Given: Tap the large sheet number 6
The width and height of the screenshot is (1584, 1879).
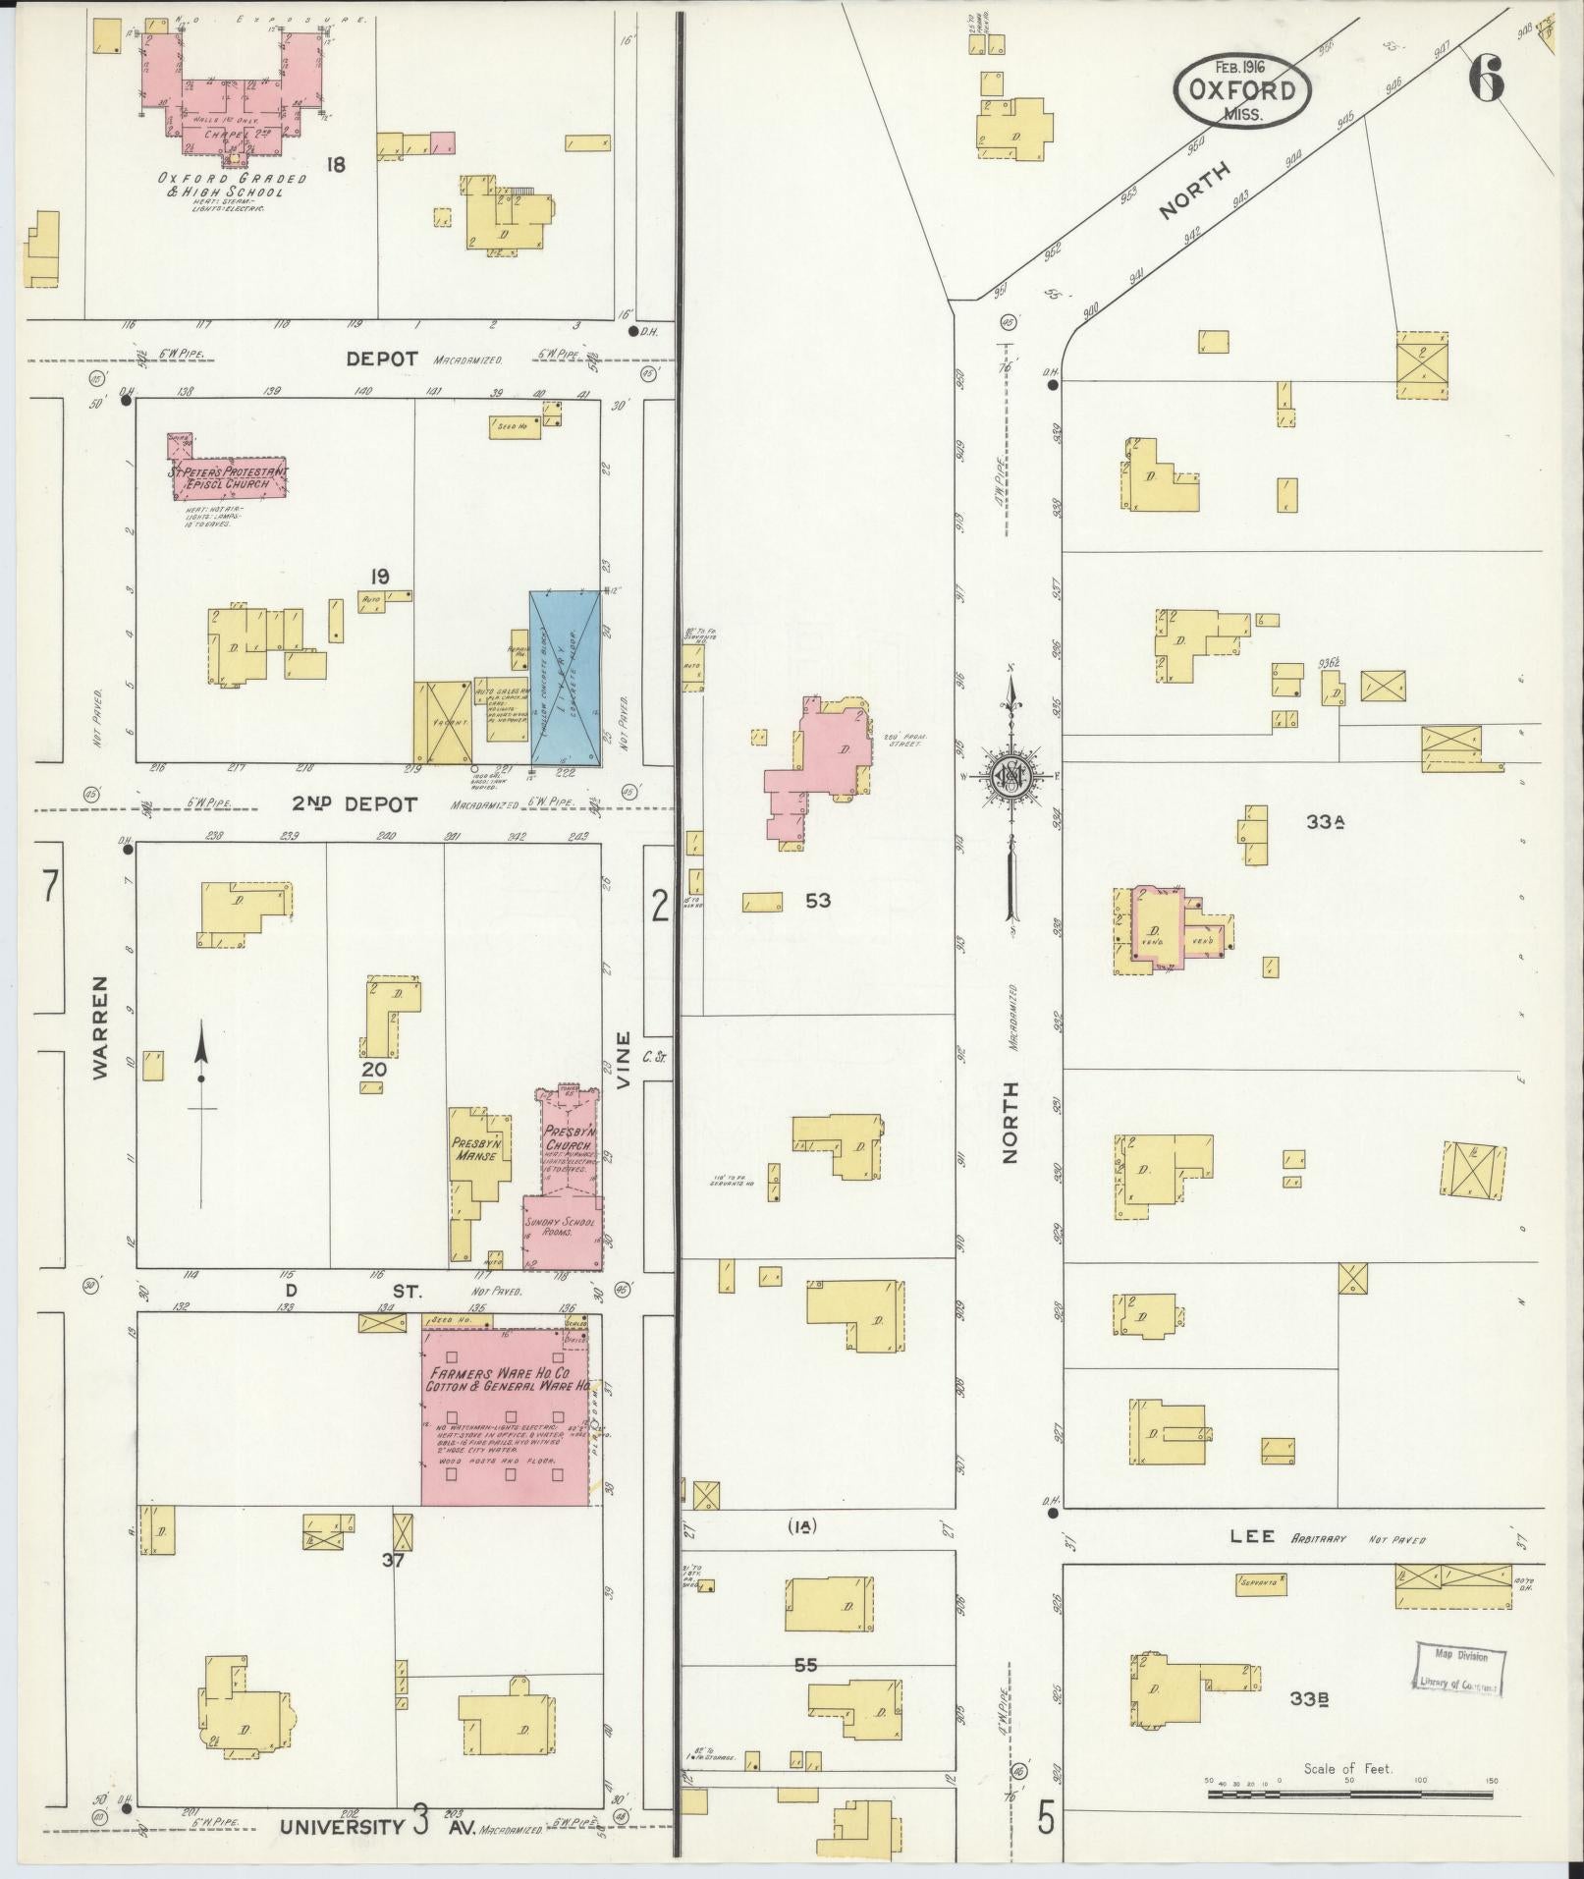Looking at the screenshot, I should click(x=1486, y=79).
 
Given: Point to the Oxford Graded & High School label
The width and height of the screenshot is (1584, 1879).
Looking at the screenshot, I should click(x=232, y=186).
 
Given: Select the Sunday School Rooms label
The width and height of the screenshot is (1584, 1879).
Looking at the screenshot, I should click(x=562, y=1229).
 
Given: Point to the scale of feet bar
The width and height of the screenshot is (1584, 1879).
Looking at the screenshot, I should click(x=1349, y=1794).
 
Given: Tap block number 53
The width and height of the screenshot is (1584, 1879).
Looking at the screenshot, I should click(x=817, y=899).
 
